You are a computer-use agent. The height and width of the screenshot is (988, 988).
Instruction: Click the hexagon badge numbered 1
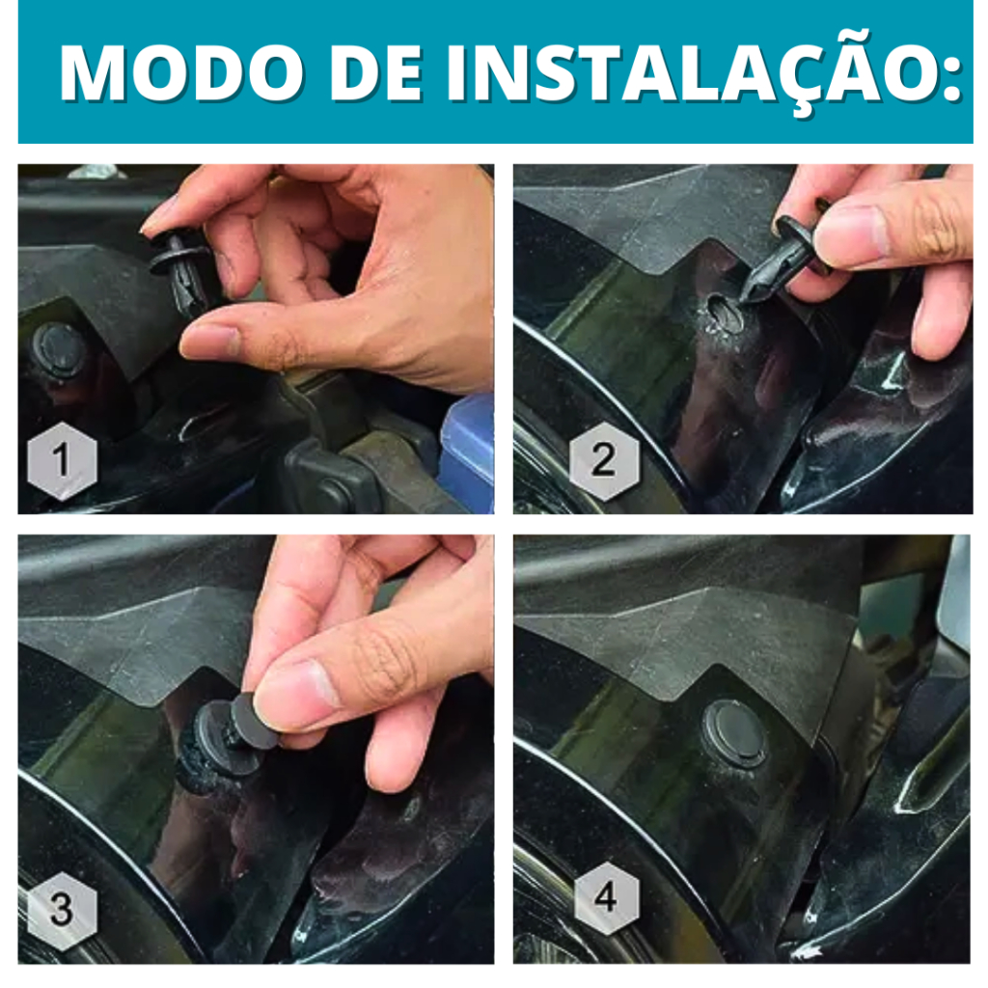pyautogui.click(x=62, y=460)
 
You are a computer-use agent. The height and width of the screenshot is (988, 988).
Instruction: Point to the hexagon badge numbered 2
pyautogui.click(x=604, y=460)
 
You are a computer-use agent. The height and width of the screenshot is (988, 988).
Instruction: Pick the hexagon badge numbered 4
pyautogui.click(x=606, y=896)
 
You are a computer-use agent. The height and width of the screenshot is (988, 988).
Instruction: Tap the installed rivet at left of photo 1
pyautogui.click(x=58, y=350)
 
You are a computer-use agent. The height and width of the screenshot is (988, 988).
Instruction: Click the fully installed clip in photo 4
pyautogui.click(x=735, y=734)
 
